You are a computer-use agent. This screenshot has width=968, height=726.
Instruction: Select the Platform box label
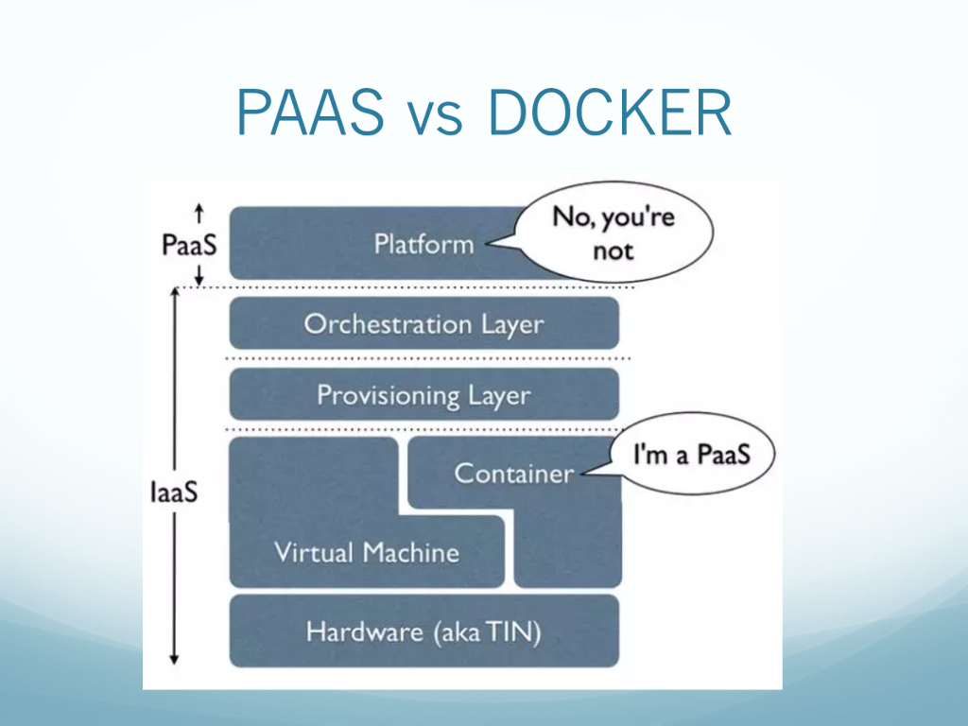[423, 245]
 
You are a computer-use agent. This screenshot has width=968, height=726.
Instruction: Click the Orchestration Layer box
[423, 324]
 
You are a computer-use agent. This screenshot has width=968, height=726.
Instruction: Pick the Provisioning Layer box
[423, 394]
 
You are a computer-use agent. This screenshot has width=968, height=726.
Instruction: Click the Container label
[513, 473]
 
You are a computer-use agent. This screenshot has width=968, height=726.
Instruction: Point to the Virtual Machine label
[367, 552]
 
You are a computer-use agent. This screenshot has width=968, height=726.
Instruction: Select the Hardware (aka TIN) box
[423, 631]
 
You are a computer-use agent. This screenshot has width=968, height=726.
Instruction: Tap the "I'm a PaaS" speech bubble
[691, 455]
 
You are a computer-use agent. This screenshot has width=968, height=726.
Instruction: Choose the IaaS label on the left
[173, 493]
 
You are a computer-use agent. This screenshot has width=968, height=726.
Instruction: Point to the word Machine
[414, 552]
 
